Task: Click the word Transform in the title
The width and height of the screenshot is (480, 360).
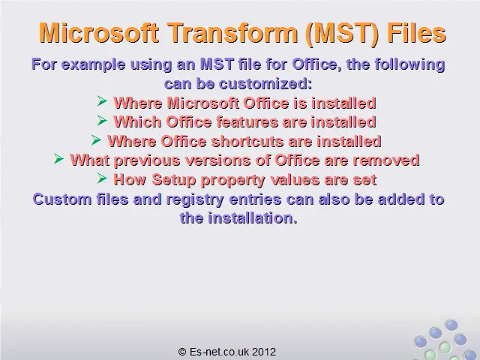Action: (233, 33)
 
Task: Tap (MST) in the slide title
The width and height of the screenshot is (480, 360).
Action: (342, 34)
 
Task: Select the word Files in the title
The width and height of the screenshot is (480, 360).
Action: (417, 32)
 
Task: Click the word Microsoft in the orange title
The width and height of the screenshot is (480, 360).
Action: (99, 32)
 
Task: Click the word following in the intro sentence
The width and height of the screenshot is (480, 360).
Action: (410, 65)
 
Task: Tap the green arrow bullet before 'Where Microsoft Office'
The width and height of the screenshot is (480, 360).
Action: (102, 100)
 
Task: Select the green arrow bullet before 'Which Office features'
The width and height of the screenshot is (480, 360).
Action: (102, 120)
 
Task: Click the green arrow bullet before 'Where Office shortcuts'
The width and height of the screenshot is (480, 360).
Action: (96, 139)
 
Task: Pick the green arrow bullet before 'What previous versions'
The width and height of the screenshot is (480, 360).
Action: (58, 158)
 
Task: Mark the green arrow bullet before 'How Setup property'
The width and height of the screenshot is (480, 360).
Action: (102, 178)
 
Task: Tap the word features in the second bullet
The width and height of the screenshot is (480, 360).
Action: (247, 121)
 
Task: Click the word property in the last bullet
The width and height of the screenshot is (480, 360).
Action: (233, 180)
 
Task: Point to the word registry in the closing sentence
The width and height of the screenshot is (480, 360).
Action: (195, 199)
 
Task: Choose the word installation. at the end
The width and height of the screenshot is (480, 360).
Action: (253, 218)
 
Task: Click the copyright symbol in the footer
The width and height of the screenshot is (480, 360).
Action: (182, 352)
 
